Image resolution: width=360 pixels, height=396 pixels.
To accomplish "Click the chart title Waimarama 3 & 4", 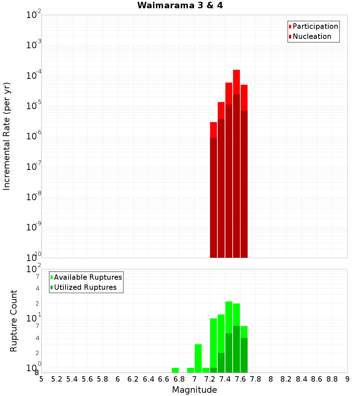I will tap(180, 6).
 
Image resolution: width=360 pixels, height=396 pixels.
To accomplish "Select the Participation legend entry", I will tap(313, 26).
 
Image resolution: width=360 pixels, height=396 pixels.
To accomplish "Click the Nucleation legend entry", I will tap(310, 36).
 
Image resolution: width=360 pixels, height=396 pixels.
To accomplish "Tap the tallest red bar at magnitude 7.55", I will tap(237, 164).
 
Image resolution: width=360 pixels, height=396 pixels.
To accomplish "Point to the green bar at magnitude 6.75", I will tap(175, 370).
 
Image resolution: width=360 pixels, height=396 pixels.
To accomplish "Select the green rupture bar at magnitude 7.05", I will tap(198, 358).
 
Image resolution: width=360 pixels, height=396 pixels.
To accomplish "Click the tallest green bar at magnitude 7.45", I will tap(229, 337).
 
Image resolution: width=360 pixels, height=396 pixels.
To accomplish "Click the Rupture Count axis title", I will tap(14, 321).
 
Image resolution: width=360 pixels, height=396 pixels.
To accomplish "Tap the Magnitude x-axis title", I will tap(194, 390).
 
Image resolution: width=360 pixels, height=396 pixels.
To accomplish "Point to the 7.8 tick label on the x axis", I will tap(256, 379).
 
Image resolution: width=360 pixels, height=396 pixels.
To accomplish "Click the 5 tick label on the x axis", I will tap(41, 379).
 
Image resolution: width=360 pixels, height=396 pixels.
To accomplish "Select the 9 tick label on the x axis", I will tap(347, 379).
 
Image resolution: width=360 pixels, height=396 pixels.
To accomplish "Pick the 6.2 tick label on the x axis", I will tap(133, 379).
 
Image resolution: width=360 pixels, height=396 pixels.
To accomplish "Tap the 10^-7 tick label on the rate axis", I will tap(34, 167).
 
